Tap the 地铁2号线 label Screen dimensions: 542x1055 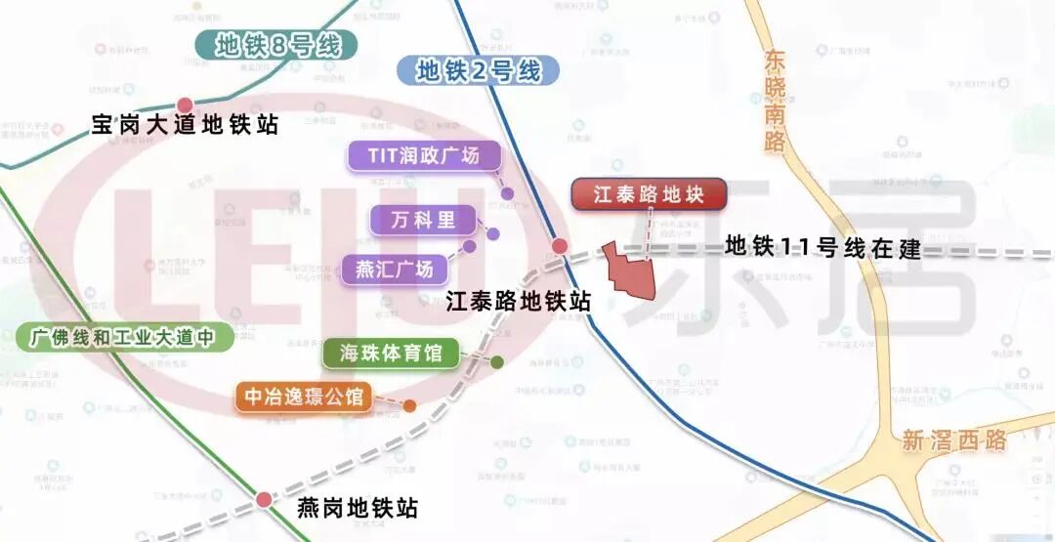pos(478,70)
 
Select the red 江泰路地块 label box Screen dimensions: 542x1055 pos(649,194)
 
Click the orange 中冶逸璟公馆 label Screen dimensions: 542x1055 pos(304,396)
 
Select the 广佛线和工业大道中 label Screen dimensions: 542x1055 pos(124,338)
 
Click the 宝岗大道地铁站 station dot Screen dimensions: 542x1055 pos(185,104)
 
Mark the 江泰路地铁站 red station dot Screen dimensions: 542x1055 pos(559,247)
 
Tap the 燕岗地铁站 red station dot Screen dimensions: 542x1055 pos(264,500)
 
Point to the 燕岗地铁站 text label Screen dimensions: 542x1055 pos(357,509)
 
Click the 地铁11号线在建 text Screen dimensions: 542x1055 pos(823,248)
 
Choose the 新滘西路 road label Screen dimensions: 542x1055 pos(953,440)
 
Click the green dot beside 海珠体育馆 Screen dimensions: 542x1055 pos(496,362)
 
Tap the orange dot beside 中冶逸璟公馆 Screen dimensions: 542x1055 pos(409,405)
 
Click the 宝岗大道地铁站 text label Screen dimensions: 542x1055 pos(185,125)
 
